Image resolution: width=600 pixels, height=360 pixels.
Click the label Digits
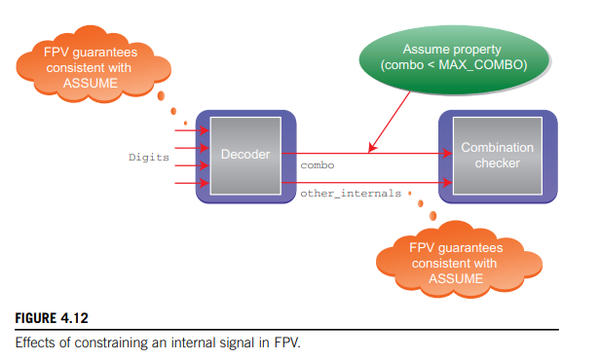(x=148, y=157)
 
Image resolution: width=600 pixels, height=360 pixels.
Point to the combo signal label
(x=317, y=162)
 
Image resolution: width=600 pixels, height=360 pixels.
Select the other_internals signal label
(x=349, y=192)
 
